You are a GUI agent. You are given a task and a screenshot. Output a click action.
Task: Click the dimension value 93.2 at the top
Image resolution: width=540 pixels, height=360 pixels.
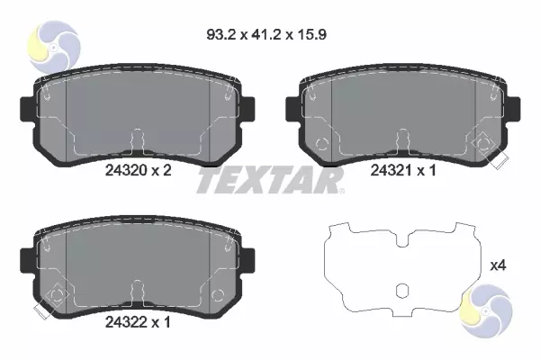[221, 34]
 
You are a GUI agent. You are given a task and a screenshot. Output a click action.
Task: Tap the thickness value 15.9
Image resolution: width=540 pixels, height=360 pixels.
[311, 34]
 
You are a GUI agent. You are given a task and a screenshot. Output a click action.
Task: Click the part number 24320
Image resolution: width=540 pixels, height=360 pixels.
[126, 170]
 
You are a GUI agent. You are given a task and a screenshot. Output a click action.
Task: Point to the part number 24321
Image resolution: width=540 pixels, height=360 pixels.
[391, 170]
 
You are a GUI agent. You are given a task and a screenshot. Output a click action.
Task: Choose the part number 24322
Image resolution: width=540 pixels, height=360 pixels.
[126, 322]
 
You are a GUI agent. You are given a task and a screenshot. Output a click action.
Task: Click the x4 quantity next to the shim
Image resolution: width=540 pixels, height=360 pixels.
[498, 265]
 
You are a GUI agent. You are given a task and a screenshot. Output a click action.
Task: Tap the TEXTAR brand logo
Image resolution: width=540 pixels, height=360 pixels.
[271, 180]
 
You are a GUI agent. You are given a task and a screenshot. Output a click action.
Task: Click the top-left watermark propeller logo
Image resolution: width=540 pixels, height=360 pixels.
[54, 46]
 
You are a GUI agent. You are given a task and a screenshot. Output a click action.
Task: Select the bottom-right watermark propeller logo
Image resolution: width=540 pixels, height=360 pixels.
[486, 310]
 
